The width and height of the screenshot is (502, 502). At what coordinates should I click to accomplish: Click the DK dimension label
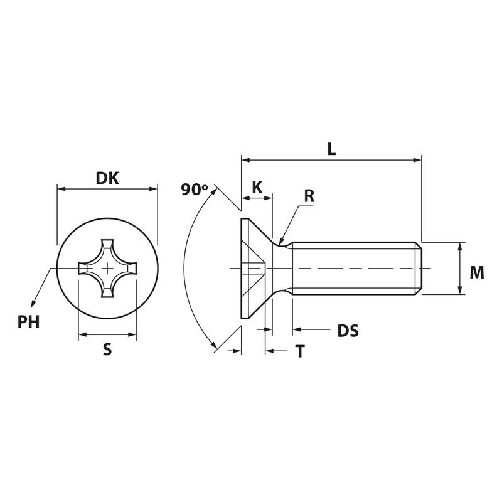click(x=107, y=178)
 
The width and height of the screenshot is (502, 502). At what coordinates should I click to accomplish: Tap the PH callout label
click(x=28, y=322)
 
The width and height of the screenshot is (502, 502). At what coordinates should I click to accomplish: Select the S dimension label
click(x=107, y=350)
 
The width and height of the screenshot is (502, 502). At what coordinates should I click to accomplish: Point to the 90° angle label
click(x=195, y=190)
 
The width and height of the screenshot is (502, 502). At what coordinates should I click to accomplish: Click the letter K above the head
click(x=257, y=187)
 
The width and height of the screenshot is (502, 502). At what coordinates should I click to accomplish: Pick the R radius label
click(x=309, y=196)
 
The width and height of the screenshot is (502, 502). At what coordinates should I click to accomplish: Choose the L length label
click(x=331, y=149)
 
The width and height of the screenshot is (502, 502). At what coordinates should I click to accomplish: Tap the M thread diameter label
click(x=477, y=273)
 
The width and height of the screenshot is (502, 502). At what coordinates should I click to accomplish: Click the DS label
click(x=348, y=331)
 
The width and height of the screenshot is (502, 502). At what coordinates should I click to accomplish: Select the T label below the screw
click(x=300, y=351)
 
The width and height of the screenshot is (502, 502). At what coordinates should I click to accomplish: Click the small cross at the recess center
click(x=107, y=269)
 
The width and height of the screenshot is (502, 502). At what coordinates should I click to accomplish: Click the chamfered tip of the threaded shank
click(x=419, y=269)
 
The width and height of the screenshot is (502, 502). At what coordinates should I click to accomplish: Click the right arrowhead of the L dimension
click(x=417, y=160)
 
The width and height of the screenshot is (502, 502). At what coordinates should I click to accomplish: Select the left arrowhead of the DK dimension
click(x=61, y=189)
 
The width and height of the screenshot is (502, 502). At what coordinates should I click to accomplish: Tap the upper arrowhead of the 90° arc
click(x=214, y=192)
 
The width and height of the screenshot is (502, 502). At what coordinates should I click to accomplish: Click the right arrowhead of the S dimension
click(x=132, y=335)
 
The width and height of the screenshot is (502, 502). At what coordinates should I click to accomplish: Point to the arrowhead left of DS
click(x=297, y=329)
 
